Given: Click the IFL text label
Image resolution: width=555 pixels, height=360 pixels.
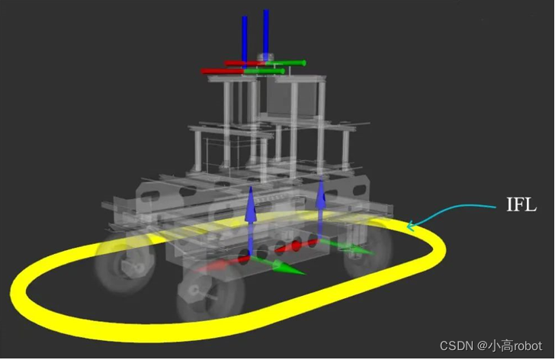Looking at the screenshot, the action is tap(521, 204).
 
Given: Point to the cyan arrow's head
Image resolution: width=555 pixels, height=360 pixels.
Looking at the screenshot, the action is tap(410, 226).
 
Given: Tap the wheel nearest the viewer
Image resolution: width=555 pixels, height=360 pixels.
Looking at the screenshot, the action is tap(211, 291).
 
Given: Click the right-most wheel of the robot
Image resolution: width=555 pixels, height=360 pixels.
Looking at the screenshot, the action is tap(368, 248).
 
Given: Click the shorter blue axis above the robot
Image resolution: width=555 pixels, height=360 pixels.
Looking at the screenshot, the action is tap(245, 43).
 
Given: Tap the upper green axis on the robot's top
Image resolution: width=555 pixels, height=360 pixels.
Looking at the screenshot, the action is tap(285, 63).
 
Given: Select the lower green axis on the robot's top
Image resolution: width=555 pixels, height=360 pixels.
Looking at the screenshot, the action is tap(264, 72).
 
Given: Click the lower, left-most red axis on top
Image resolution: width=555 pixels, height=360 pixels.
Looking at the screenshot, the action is tap(222, 71).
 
